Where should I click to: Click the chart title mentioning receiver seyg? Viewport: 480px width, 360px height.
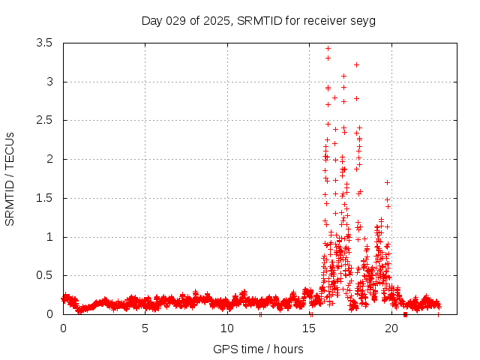tap(259, 20)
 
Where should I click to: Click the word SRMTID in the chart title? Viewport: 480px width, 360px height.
tap(257, 20)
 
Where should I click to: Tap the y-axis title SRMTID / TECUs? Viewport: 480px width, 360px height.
tap(10, 178)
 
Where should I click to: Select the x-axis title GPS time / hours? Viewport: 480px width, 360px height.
tap(258, 349)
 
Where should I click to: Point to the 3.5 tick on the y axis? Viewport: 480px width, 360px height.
tap(44, 43)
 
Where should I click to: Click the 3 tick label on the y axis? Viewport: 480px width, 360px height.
tap(49, 82)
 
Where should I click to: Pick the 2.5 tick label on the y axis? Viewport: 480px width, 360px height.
tap(44, 120)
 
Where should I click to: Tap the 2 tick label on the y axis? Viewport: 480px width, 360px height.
tap(49, 159)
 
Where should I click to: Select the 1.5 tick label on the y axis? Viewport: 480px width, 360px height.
tap(44, 198)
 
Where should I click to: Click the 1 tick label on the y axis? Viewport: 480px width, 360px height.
tap(49, 237)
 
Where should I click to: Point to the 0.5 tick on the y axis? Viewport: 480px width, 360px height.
tap(44, 275)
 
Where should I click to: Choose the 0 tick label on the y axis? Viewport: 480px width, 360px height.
tap(49, 314)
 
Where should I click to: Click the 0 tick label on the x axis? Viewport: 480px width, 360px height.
tap(63, 328)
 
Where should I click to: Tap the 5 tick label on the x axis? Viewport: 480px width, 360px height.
tap(145, 328)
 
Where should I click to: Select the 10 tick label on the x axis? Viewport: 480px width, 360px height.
tap(226, 328)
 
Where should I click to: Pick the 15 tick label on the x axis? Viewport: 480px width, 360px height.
tap(308, 328)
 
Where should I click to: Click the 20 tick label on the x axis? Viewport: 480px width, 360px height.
tap(390, 328)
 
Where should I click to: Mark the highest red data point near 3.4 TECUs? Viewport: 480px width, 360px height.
tap(328, 48)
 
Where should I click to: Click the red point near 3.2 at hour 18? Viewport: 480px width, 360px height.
tap(356, 64)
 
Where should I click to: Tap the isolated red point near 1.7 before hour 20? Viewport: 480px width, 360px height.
tap(387, 182)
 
